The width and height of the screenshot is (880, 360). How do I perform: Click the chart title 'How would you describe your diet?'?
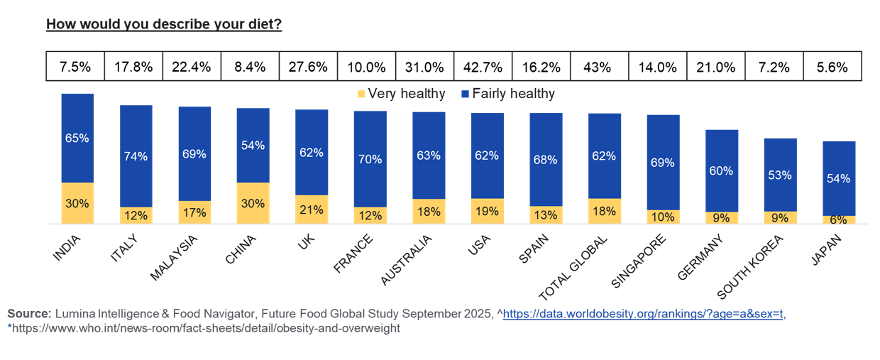164,25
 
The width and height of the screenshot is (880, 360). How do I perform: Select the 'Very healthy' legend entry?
401,94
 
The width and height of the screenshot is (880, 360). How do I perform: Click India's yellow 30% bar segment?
77,203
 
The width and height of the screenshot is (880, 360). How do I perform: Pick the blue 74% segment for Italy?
136,156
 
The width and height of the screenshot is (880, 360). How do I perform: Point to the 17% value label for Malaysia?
194,212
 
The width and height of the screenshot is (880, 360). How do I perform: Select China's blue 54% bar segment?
253,145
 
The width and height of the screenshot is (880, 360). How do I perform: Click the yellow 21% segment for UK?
312,209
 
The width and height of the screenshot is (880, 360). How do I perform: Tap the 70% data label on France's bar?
370,159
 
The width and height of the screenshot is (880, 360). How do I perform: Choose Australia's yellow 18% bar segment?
429,212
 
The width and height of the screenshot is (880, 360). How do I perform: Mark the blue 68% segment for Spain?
546,159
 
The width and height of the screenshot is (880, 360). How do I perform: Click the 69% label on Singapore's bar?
663,163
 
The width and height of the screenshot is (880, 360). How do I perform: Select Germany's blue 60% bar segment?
721,170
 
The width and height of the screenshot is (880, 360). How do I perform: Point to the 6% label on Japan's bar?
838,220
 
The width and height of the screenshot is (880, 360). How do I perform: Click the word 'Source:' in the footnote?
28,314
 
